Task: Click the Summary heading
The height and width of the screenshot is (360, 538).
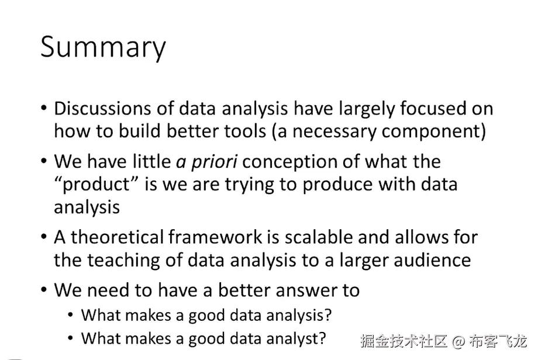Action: pyautogui.click(x=103, y=48)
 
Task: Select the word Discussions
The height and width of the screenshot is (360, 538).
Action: pyautogui.click(x=103, y=108)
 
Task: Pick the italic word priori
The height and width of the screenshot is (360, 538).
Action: pyautogui.click(x=214, y=162)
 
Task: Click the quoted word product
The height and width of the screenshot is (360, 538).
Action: pyautogui.click(x=96, y=185)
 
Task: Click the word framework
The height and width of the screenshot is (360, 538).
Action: pyautogui.click(x=215, y=237)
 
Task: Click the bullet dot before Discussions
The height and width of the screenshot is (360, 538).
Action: pyautogui.click(x=44, y=108)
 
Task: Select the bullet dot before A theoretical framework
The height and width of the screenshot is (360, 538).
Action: pyautogui.click(x=44, y=237)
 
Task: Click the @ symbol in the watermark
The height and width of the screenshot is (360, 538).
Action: pyautogui.click(x=458, y=341)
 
